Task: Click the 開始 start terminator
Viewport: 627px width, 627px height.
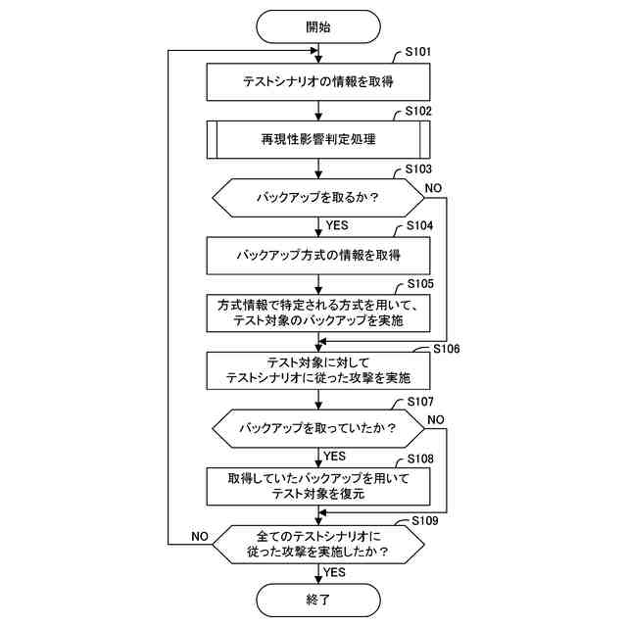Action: click(x=318, y=26)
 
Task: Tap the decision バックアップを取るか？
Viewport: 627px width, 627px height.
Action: click(x=318, y=197)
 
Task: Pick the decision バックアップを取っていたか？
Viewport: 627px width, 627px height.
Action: click(x=318, y=428)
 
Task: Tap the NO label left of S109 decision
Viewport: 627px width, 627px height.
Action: click(x=199, y=536)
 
